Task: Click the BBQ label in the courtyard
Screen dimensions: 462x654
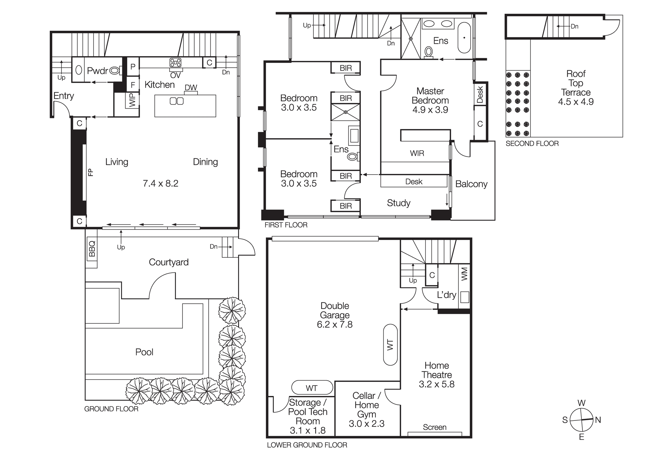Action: point(92,248)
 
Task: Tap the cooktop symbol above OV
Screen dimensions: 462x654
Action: point(176,62)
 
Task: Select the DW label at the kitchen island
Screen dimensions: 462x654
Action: point(191,88)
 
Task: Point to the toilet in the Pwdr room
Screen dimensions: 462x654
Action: point(114,70)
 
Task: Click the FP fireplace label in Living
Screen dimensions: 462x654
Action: point(91,172)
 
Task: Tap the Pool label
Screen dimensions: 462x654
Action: point(144,352)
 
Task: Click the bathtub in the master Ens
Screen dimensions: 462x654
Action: point(464,38)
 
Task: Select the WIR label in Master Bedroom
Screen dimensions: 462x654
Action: point(417,153)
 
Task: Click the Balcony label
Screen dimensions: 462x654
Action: point(471,184)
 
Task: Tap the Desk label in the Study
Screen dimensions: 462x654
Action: point(414,182)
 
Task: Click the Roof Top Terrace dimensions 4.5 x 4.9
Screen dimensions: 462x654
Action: point(576,102)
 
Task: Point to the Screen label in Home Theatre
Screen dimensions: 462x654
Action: point(435,427)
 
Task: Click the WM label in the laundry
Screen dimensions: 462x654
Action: point(464,274)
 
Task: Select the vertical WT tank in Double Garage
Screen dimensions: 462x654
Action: point(390,345)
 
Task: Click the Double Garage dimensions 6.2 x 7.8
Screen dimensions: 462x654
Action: point(335,325)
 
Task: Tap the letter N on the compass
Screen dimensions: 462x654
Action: point(598,420)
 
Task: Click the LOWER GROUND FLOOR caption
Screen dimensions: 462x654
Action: point(307,445)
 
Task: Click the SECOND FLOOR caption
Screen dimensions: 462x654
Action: point(532,144)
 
